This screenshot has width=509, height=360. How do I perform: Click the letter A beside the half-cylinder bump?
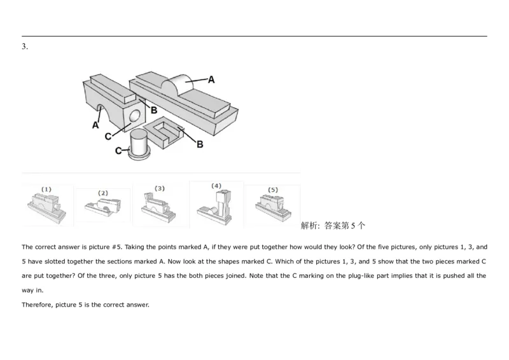211,80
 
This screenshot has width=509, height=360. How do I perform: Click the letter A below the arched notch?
95,125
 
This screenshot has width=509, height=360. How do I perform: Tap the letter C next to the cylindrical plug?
118,151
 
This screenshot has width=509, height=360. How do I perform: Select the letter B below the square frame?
200,145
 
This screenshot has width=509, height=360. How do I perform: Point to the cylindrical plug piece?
138,144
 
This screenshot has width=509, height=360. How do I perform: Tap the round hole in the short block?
134,115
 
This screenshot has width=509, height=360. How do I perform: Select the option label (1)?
46,190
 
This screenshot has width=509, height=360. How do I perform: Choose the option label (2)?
103,193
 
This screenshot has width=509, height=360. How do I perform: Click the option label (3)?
160,188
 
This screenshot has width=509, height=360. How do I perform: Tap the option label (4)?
216,186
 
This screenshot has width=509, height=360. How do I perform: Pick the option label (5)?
273,190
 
